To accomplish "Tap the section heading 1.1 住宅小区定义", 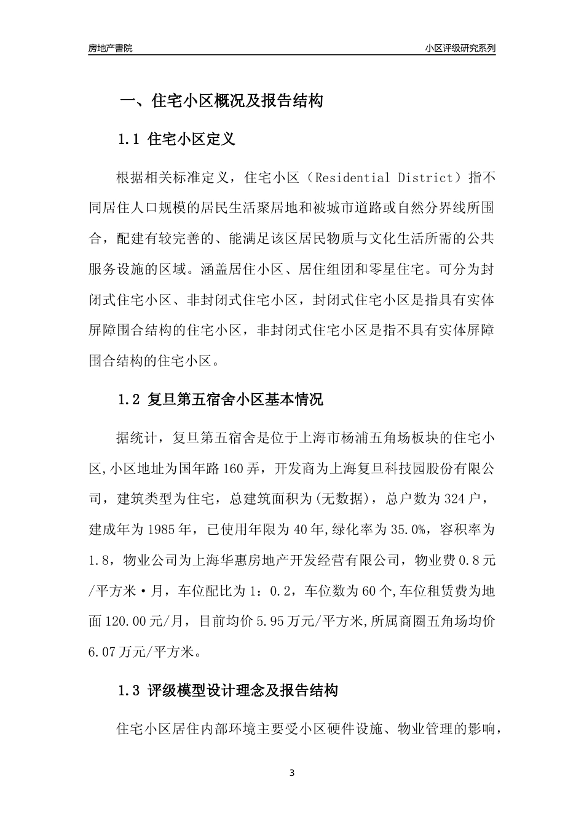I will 176,139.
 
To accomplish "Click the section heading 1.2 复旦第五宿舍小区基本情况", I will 220,400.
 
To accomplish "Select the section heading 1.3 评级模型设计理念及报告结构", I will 227,690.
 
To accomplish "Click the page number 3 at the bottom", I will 292,773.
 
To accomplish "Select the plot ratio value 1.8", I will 99,560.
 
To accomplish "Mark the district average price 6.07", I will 102,651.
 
